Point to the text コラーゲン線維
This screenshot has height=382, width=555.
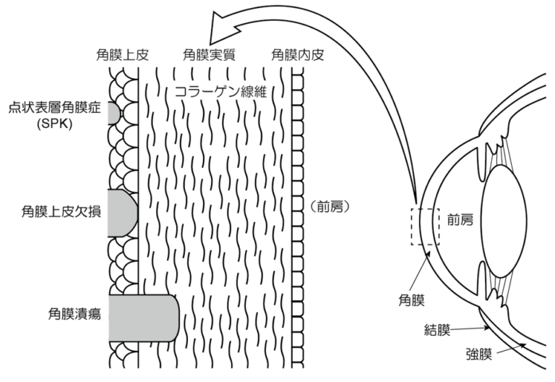point(217,92)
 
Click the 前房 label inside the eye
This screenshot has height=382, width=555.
point(460,219)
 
